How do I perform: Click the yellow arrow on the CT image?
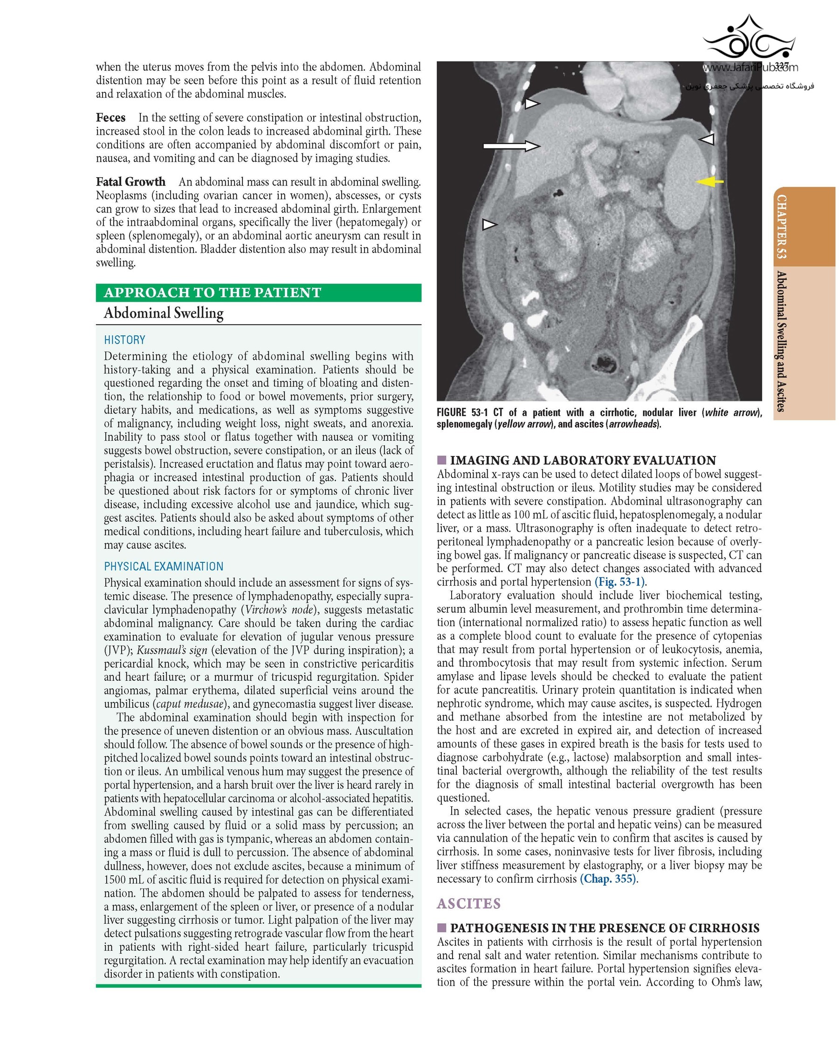[x=709, y=182]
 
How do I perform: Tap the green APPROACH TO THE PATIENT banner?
[x=258, y=293]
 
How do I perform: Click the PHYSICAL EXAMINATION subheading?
[x=164, y=567]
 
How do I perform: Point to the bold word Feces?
[x=110, y=118]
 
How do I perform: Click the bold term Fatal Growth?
[x=131, y=182]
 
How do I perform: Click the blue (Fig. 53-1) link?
[x=620, y=582]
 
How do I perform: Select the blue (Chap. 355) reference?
[x=608, y=879]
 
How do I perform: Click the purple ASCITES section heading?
[x=469, y=904]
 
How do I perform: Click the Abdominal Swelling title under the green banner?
[x=164, y=313]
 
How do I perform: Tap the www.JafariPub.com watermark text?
[x=750, y=68]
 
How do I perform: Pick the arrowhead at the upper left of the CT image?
[x=532, y=103]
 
